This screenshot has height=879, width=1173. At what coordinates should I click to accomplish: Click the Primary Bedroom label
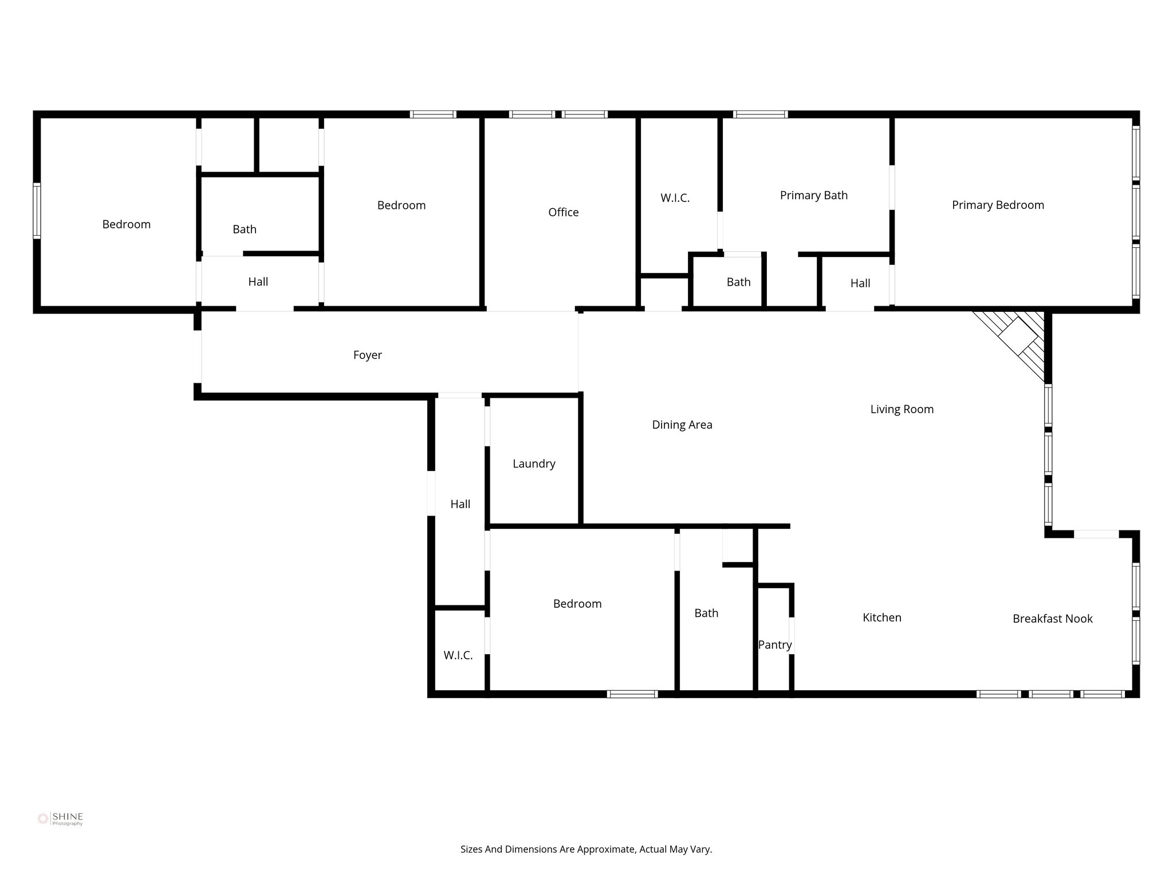point(998,205)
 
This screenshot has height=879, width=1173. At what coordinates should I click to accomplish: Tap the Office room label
point(563,212)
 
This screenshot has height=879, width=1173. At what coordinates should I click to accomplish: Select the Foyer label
point(367,355)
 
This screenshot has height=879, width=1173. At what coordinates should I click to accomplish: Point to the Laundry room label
point(534,464)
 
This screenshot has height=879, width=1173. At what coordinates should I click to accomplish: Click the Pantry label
point(774,645)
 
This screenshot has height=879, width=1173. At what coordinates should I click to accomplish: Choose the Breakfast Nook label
point(1052,619)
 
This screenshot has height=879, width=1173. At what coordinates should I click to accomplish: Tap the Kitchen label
point(881,617)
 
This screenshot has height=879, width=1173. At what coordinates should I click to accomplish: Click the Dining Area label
point(682,425)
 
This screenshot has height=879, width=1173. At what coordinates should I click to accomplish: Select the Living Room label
point(902,409)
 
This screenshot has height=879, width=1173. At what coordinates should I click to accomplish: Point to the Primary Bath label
point(813,195)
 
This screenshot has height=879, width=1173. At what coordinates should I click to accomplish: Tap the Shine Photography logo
point(61,819)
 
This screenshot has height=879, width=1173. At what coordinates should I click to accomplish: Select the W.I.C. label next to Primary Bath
point(675,198)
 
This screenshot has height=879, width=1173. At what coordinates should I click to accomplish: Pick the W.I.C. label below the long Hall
point(458,655)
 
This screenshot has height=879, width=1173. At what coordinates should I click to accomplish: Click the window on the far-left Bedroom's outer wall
point(37,210)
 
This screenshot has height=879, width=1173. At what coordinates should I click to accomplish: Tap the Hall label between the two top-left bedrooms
point(258,282)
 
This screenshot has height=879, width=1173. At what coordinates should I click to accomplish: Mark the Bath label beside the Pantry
point(706,613)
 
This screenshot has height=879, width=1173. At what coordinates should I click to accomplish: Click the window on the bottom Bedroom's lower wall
point(632,694)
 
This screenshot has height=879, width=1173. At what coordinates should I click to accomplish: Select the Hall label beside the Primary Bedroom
point(860,283)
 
